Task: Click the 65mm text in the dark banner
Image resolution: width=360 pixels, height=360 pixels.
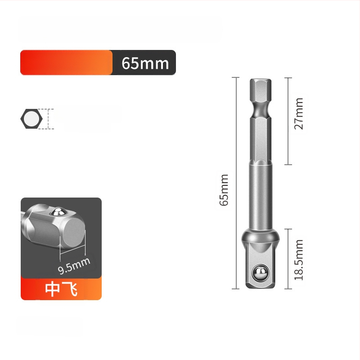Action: click(x=145, y=63)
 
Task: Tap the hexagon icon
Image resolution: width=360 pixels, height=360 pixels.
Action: click(x=31, y=119)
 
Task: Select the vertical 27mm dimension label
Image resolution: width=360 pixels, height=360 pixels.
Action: click(x=299, y=114)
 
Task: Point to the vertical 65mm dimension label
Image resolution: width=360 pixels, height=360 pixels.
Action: click(x=224, y=190)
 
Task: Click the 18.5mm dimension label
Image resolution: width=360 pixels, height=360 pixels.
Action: click(x=299, y=260)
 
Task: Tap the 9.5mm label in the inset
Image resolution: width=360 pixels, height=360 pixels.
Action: click(x=74, y=266)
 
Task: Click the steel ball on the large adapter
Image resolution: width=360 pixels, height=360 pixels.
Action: click(x=261, y=273)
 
